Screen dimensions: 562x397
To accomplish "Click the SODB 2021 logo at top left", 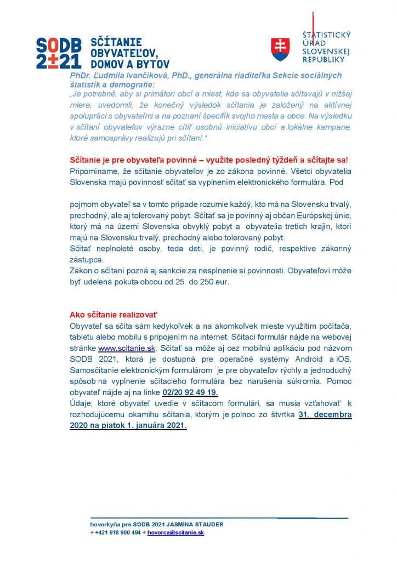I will tap(59, 53).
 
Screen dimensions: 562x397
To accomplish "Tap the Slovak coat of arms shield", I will tap(280, 49).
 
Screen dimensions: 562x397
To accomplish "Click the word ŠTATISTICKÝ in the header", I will tap(326, 35).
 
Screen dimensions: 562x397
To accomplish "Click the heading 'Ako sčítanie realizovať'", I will tap(114, 314).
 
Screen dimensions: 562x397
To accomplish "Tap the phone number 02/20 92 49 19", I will tap(190, 392).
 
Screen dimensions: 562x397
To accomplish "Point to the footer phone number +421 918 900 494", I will tap(117, 532).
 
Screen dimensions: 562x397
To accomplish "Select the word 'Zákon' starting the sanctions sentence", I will tap(81, 271).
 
